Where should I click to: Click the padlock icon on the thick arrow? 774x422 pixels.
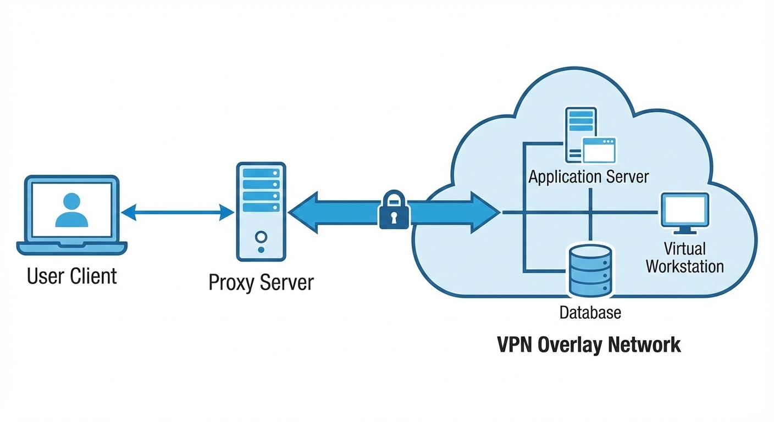pos(394,210)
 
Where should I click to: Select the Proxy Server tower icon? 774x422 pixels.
pos(261,211)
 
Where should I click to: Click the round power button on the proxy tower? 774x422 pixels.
pos(261,237)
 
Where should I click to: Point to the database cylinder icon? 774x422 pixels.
pos(590,270)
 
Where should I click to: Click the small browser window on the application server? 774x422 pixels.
pos(599,150)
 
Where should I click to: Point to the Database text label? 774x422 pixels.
pos(590,313)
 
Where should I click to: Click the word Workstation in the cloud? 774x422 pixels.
pos(684,266)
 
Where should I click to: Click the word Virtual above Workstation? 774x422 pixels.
pos(684,248)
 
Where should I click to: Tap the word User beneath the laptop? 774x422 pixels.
pos(46,275)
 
